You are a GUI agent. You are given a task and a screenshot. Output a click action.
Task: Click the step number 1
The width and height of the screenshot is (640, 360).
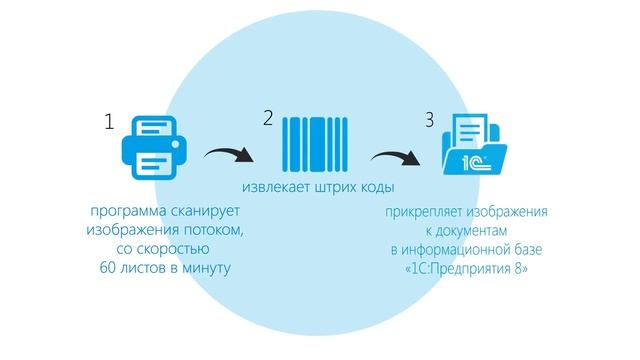pos(109,123)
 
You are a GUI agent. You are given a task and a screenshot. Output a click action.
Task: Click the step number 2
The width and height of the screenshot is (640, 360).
pos(267,118)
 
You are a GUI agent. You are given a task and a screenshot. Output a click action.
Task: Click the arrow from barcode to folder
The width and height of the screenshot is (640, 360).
pos(392,157)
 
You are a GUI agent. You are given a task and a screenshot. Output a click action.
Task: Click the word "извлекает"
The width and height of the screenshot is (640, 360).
pos(273,188)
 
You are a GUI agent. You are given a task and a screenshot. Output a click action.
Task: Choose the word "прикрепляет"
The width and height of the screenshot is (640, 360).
pos(424,212)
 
